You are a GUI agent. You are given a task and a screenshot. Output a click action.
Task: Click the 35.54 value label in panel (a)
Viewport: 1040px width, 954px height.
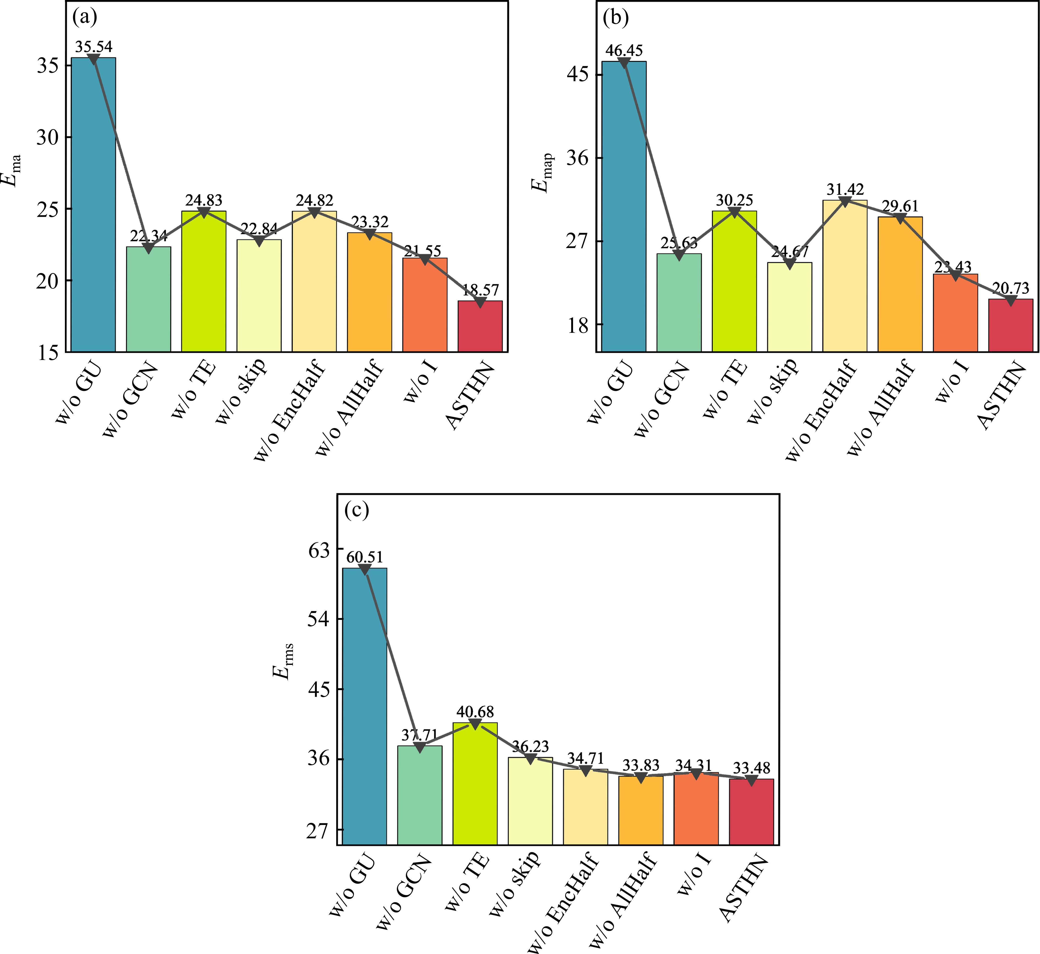pyautogui.click(x=93, y=47)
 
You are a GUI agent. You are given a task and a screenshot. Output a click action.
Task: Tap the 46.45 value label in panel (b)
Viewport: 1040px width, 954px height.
pyautogui.click(x=624, y=51)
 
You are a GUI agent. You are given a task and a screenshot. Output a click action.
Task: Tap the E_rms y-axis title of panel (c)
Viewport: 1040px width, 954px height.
pyautogui.click(x=283, y=662)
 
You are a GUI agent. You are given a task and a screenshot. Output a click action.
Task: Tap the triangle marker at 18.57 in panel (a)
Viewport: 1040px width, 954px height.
pyautogui.click(x=480, y=302)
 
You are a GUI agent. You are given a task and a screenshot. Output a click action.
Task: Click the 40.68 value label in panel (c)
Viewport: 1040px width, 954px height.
pyautogui.click(x=475, y=712)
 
